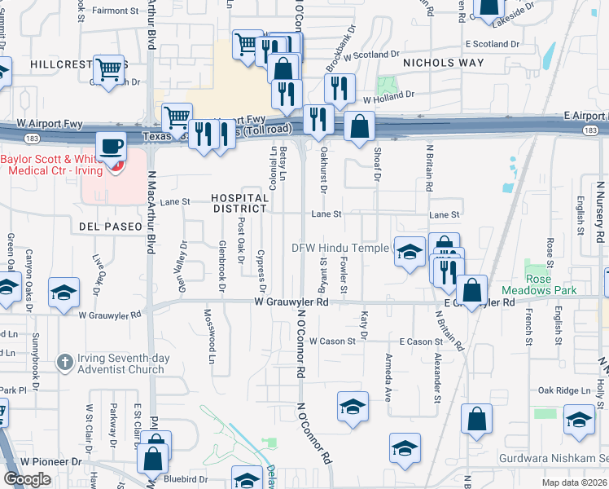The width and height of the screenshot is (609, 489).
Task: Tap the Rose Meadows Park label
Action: [551, 284]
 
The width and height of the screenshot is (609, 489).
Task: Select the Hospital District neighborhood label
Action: [239, 203]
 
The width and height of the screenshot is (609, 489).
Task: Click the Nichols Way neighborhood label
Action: [444, 63]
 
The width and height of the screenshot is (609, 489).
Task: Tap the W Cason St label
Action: [332, 341]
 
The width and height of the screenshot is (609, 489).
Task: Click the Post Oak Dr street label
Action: [241, 241]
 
